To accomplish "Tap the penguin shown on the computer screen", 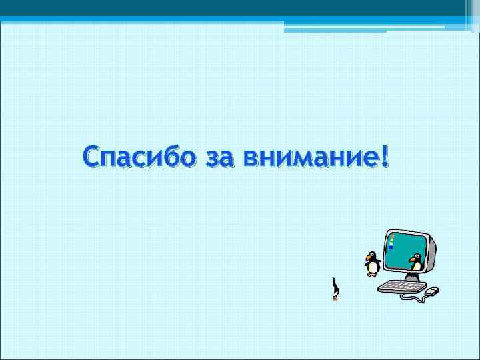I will [x=416, y=262].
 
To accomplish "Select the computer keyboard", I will [x=402, y=286].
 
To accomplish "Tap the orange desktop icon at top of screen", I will [x=393, y=236].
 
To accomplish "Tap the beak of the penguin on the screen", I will [x=411, y=259].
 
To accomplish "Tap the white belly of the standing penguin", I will [x=372, y=267].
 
